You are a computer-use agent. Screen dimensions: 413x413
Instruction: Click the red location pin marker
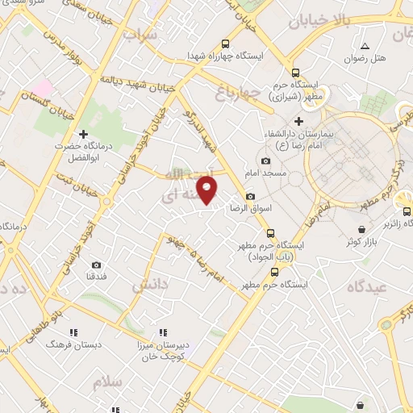pos(208,190)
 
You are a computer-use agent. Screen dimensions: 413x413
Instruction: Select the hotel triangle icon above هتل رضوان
pos(365,46)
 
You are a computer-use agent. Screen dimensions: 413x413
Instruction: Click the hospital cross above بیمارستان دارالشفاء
pos(298,122)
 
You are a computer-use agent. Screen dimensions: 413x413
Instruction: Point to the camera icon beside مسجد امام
pos(265,161)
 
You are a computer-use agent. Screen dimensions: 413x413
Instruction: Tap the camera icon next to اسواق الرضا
pos(250,197)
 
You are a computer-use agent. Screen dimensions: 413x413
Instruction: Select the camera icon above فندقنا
pos(96,265)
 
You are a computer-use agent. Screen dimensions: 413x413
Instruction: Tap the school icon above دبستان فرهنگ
pos(73,332)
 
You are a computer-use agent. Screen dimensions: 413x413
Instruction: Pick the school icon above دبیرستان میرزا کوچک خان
pos(163,332)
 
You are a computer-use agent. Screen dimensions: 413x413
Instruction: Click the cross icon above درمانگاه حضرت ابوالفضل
pos(82,134)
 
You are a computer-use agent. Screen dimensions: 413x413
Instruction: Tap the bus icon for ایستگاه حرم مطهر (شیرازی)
pos(296,72)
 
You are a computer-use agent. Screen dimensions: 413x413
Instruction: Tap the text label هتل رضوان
pos(365,59)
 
